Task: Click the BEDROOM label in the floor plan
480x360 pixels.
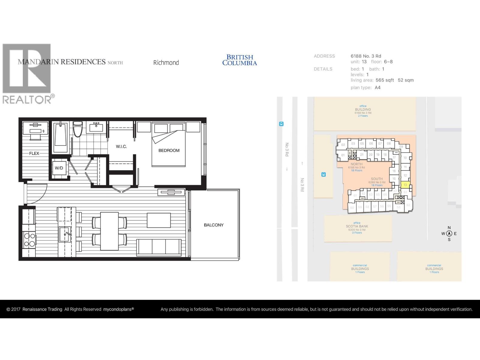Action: (169, 150)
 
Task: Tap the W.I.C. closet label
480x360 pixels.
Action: (121, 146)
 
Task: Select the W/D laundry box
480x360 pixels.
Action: (59, 168)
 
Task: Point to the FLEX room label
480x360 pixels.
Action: (34, 153)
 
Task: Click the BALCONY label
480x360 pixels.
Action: (214, 225)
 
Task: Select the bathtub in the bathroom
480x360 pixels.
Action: (61, 137)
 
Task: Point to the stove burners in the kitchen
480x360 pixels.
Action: (29, 240)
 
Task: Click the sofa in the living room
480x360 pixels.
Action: (159, 247)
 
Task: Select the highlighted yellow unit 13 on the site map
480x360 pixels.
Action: (405, 185)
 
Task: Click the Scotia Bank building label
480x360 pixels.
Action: (357, 226)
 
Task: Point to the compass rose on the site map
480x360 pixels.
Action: (449, 233)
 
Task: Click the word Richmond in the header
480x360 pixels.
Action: (166, 63)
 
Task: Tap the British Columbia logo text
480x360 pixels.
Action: (240, 60)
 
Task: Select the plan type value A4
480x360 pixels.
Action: (377, 88)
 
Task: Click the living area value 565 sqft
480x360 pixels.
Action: (385, 80)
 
